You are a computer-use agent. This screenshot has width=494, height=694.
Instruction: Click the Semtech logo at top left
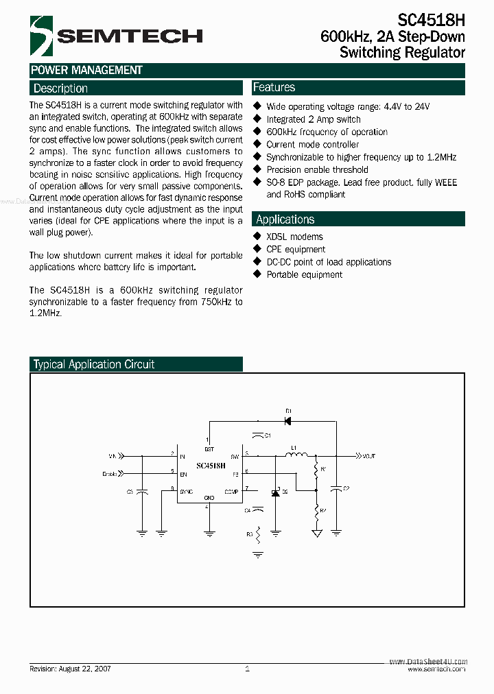coord(41,36)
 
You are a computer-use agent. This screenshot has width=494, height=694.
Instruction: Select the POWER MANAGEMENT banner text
coord(86,70)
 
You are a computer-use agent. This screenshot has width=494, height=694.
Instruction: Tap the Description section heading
coord(60,88)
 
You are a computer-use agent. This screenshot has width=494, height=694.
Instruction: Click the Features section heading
coord(274,88)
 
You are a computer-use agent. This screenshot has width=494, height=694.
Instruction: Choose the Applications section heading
coord(285,219)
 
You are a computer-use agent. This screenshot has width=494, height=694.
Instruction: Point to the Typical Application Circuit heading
coord(94,365)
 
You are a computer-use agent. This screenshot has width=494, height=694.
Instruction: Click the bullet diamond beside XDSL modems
coord(258,236)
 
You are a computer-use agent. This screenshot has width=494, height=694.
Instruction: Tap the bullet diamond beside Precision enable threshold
coord(258,169)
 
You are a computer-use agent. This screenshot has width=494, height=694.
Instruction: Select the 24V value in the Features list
coord(423,107)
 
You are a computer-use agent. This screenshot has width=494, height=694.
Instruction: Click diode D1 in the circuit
coord(288,420)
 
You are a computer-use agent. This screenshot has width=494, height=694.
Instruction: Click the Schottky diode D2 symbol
coord(275,492)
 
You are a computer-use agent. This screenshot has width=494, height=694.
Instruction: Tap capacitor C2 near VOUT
coord(336,488)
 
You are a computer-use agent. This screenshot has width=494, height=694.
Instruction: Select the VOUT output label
coord(368,455)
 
